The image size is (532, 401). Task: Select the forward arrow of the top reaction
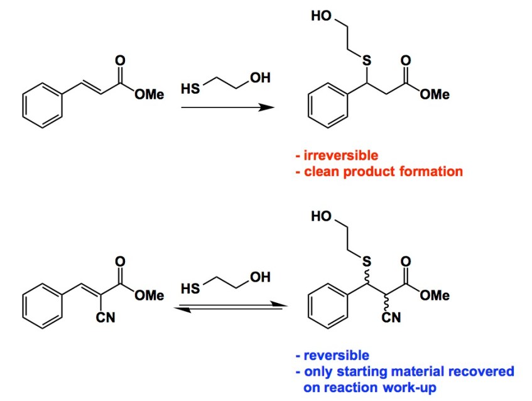coord(227,107)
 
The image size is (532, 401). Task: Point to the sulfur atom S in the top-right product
coord(366,60)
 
